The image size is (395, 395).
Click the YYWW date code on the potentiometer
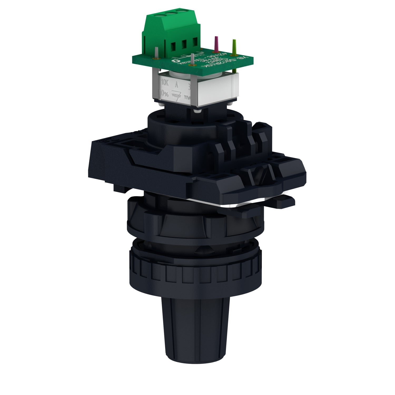point(188,97)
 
